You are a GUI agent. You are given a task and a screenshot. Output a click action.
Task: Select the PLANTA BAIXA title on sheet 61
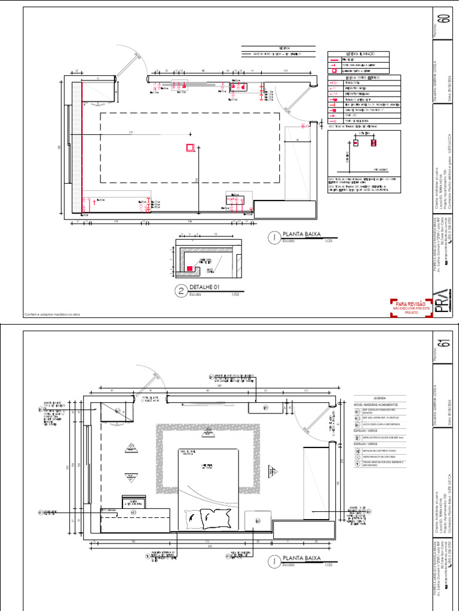302,558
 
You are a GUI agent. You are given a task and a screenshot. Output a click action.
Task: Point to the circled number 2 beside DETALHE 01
180,291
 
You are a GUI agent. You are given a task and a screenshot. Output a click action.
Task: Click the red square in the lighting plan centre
189,147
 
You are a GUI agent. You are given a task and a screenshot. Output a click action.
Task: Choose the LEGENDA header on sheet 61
380,397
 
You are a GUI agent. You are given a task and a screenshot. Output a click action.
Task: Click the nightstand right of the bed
258,519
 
